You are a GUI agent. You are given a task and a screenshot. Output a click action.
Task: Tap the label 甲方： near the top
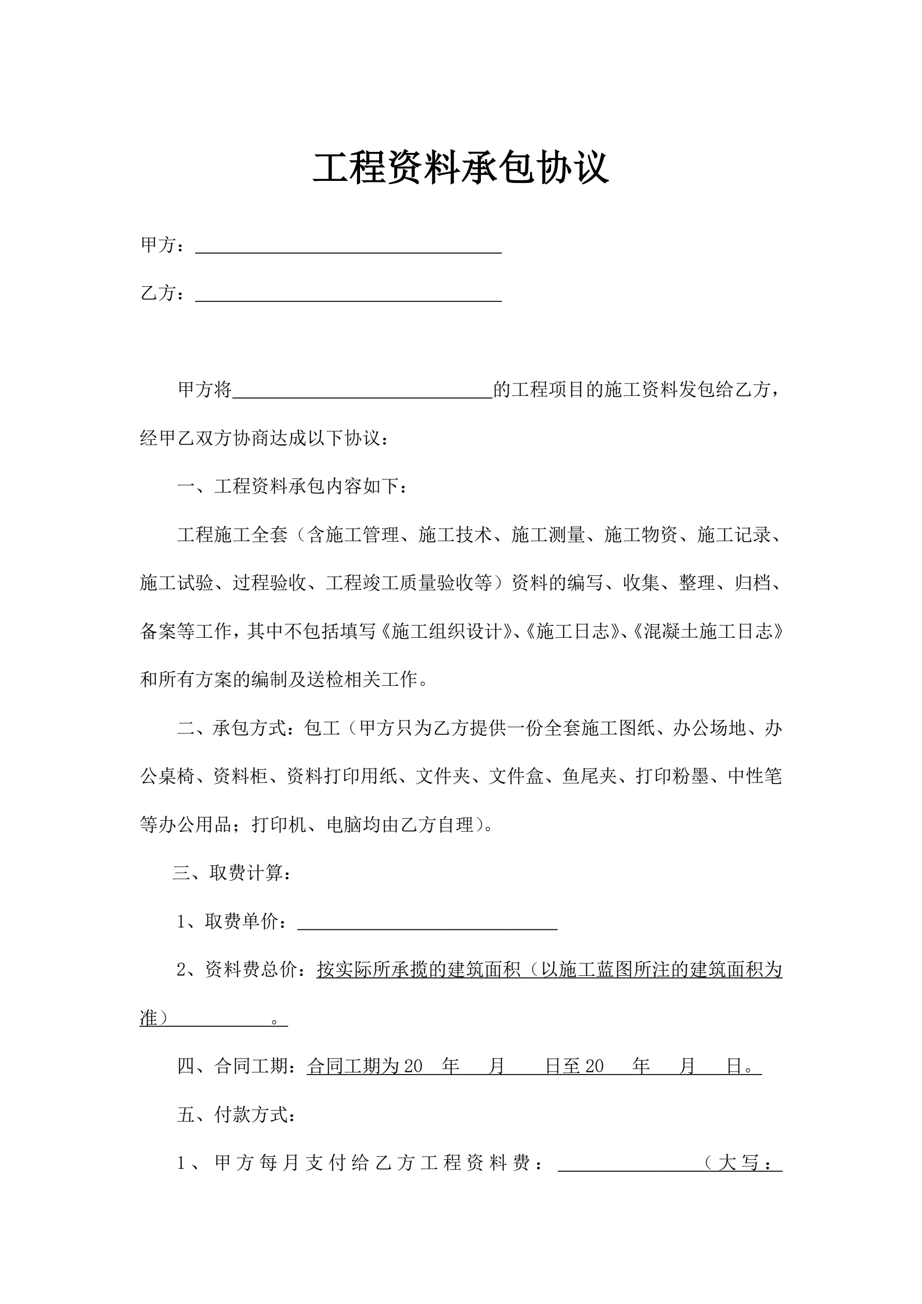pyautogui.click(x=162, y=246)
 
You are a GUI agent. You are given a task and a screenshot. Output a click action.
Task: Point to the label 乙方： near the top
pyautogui.click(x=162, y=293)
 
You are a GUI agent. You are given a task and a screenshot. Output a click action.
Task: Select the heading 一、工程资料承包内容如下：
pyautogui.click(x=292, y=487)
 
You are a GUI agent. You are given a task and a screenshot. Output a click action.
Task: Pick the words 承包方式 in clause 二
pyautogui.click(x=250, y=728)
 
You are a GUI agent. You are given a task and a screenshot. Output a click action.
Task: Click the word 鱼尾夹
pyautogui.click(x=589, y=776)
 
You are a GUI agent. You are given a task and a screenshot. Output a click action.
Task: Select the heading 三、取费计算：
pyautogui.click(x=232, y=872)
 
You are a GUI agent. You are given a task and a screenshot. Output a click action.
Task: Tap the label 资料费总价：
pyautogui.click(x=259, y=970)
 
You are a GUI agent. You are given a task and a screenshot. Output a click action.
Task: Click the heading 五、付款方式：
pyautogui.click(x=236, y=1115)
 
